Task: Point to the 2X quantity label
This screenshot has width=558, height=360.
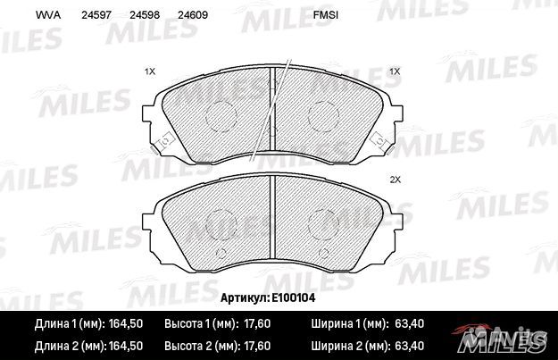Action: click(x=396, y=180)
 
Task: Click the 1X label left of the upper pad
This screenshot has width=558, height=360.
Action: click(x=150, y=71)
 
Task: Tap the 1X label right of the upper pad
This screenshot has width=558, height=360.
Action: click(x=394, y=71)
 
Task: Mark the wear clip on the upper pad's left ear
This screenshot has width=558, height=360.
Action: click(x=163, y=141)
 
